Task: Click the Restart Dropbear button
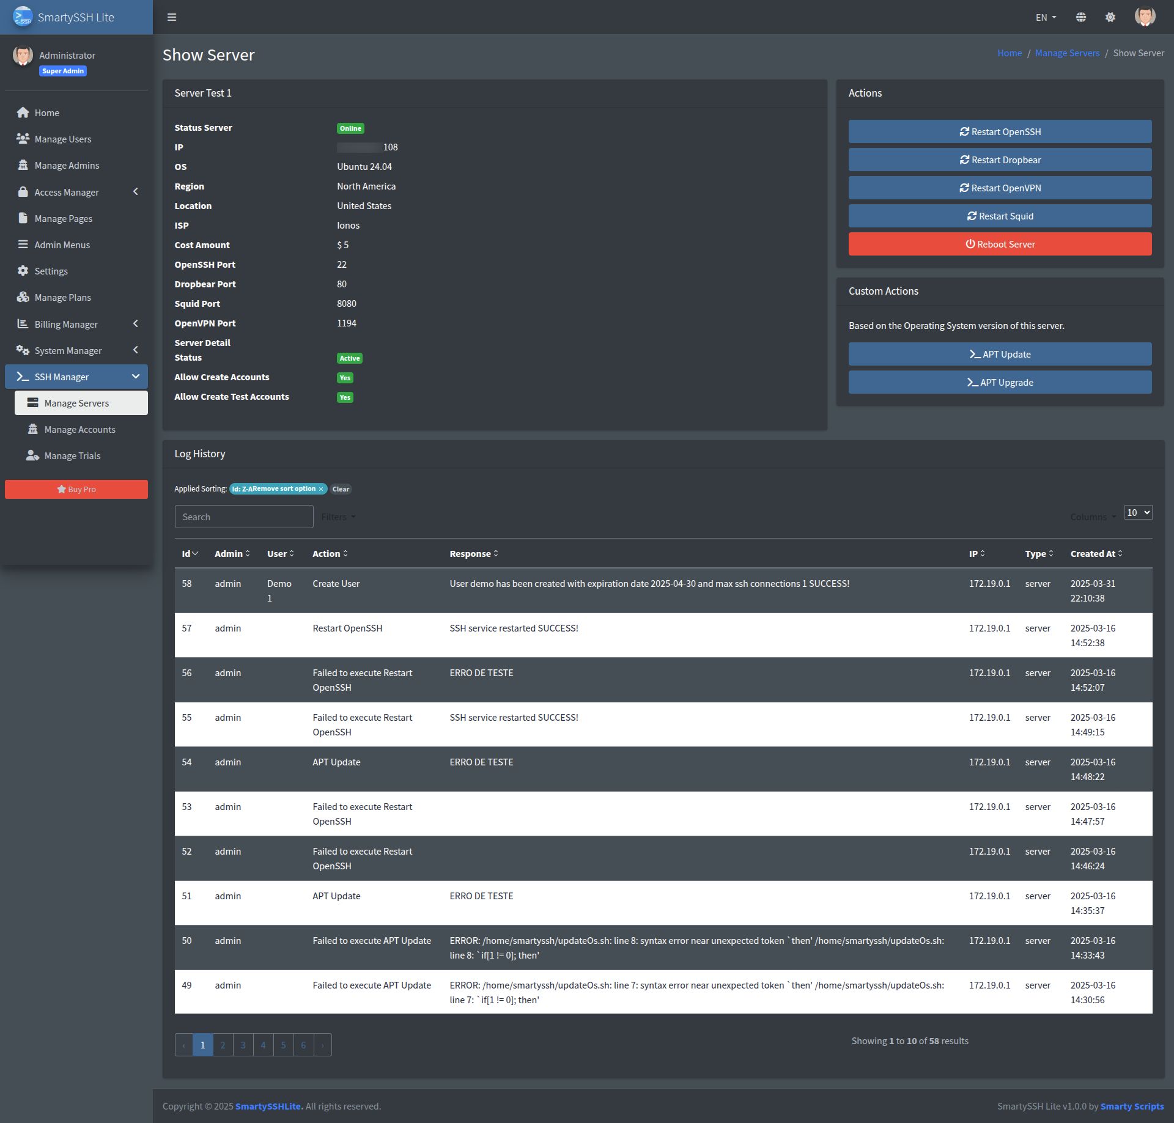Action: [1000, 160]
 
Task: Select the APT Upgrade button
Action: [1000, 383]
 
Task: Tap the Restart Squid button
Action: [1000, 216]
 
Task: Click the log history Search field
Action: [243, 517]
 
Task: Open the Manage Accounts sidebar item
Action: [79, 430]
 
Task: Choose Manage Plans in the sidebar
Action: [62, 298]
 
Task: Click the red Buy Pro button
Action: [76, 490]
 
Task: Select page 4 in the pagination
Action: [263, 1045]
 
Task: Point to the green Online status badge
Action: [350, 128]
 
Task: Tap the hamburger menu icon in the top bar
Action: [172, 17]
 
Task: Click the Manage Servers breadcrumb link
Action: [1067, 53]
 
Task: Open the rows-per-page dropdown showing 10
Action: [1138, 513]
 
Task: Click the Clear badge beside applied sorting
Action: [341, 489]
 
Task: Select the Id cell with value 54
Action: [186, 762]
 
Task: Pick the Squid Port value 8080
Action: [346, 304]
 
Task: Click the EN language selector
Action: [1046, 18]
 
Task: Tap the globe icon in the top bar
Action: [1080, 17]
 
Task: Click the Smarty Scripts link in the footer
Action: [1132, 1106]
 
